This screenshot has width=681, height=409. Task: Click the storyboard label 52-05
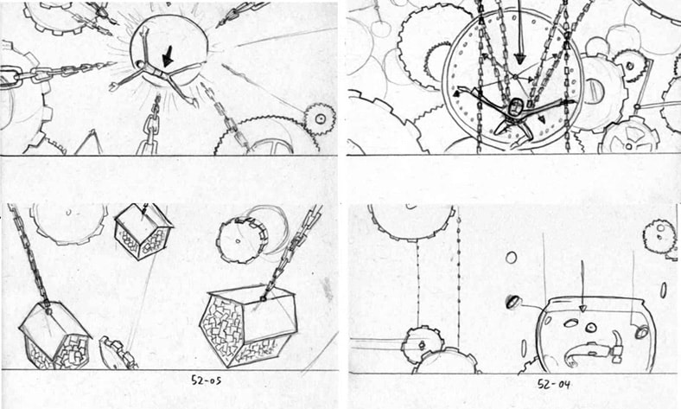pyautogui.click(x=207, y=380)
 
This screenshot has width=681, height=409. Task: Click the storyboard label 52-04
pyautogui.click(x=553, y=384)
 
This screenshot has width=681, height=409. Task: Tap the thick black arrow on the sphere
pyautogui.click(x=168, y=56)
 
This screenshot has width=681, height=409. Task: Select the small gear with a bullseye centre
pyautogui.click(x=320, y=118)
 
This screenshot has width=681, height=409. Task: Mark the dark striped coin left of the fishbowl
pyautogui.click(x=513, y=302)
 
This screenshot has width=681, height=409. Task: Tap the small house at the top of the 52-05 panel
pyautogui.click(x=143, y=233)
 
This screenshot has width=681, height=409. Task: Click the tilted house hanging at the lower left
pyautogui.click(x=54, y=336)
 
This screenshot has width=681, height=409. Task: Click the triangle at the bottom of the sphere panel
pyautogui.click(x=90, y=142)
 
